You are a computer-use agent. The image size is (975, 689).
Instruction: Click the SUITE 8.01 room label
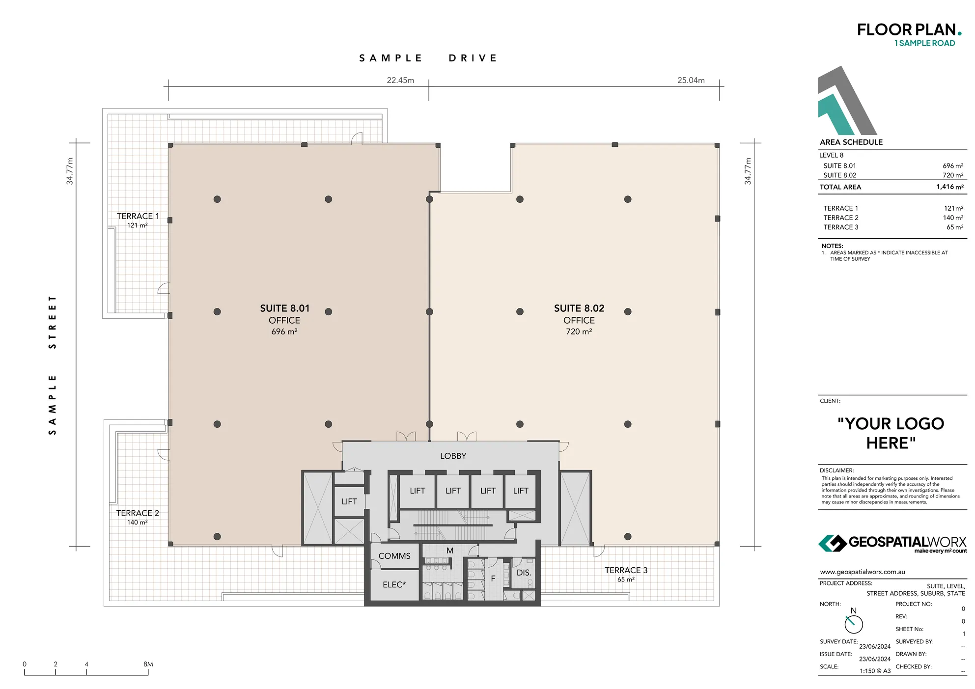(x=284, y=308)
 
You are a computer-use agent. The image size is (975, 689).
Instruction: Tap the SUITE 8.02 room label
(x=579, y=308)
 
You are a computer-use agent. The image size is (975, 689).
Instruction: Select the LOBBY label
(x=453, y=456)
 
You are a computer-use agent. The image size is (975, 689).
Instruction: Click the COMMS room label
(x=394, y=556)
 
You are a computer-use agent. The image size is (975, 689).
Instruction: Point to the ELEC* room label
(x=394, y=585)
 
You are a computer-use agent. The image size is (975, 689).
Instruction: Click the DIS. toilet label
(x=524, y=573)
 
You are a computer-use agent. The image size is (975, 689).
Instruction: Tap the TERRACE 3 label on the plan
(x=626, y=570)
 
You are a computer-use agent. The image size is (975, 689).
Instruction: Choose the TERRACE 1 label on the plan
(x=138, y=216)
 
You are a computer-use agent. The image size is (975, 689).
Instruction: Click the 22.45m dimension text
(x=400, y=80)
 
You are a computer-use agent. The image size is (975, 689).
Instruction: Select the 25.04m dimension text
(x=691, y=80)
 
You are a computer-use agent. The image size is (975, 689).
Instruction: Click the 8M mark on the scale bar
(x=148, y=664)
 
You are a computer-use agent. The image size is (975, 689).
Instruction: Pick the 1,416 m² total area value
(x=949, y=187)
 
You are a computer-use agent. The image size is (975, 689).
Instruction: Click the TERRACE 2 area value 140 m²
(x=952, y=218)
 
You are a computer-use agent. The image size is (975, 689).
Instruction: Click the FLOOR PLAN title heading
(x=906, y=30)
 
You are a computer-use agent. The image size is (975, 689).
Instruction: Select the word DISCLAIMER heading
(x=836, y=470)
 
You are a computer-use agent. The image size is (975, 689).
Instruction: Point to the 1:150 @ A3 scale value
(x=875, y=671)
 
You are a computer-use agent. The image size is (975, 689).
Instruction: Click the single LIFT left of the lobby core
(x=349, y=501)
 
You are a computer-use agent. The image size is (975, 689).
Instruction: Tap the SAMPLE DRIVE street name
(x=428, y=58)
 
